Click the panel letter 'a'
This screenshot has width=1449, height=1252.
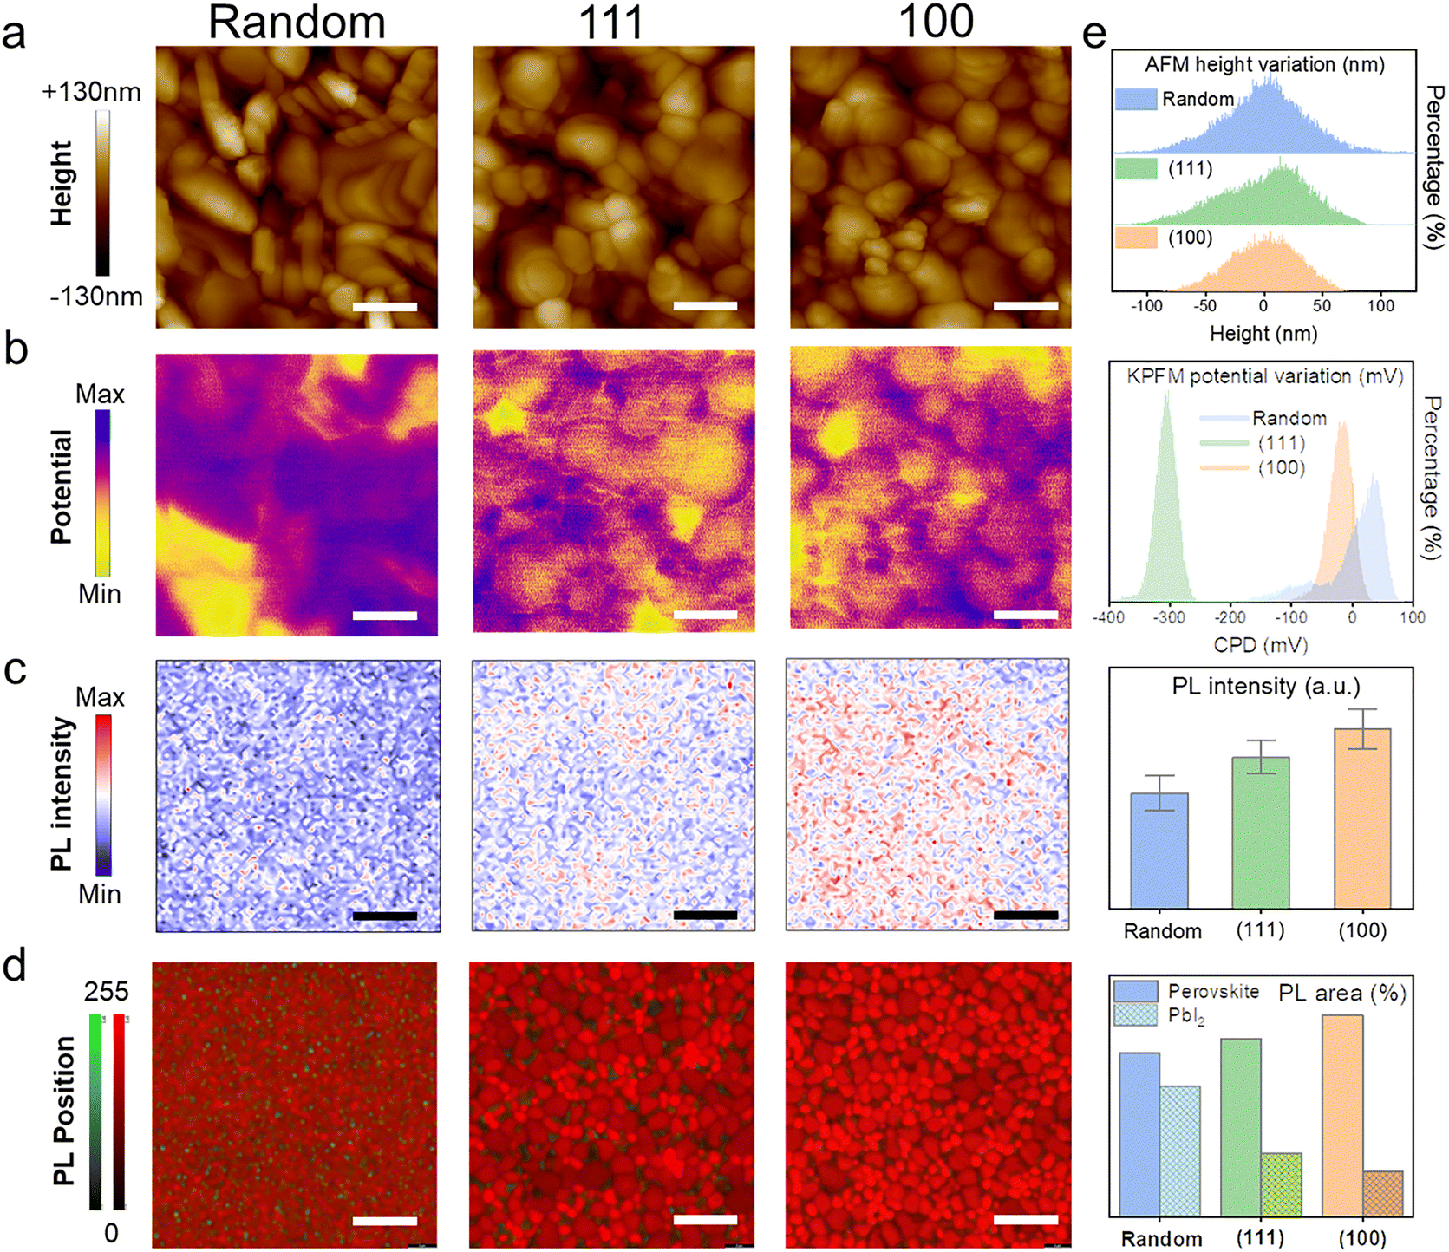pos(14,36)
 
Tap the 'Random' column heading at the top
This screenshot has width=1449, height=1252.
pos(297,22)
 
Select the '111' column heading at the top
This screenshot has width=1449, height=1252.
pos(611,22)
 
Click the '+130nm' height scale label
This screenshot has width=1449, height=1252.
pos(92,92)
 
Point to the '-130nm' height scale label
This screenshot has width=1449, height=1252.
pos(95,297)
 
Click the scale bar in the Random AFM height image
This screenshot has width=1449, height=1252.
pos(385,306)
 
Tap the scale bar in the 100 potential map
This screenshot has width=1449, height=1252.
pos(1026,615)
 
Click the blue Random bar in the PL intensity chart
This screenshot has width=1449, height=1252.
pos(1159,850)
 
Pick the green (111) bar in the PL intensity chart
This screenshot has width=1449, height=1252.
pos(1261,832)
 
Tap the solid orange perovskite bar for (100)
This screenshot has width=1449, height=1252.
pos(1342,1115)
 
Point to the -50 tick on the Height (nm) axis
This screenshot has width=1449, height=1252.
pos(1205,305)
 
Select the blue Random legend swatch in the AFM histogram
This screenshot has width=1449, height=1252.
pos(1136,99)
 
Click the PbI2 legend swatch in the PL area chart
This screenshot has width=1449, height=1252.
pos(1136,1015)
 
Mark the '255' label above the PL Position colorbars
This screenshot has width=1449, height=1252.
pos(107,991)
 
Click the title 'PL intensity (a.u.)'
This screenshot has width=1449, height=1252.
pos(1266,687)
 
